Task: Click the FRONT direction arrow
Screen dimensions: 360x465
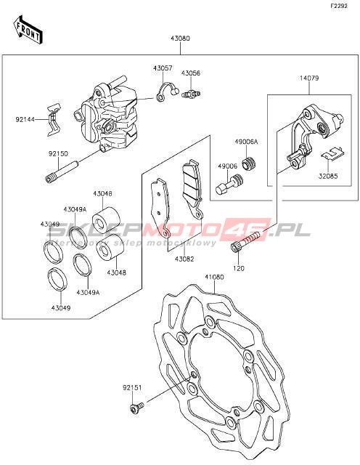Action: tap(28, 29)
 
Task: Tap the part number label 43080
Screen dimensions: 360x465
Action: tap(180, 39)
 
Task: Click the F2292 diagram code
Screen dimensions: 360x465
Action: tap(339, 6)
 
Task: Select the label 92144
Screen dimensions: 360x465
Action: tap(25, 119)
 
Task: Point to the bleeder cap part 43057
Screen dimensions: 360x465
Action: tap(166, 92)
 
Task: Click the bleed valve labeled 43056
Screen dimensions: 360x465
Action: tap(191, 94)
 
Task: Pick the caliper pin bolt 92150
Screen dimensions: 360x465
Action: tap(62, 172)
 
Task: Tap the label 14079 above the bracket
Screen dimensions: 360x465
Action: tap(309, 78)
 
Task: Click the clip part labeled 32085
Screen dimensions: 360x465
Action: tap(333, 154)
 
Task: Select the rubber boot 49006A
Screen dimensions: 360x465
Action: tap(250, 163)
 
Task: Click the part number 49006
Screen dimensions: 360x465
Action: tap(228, 166)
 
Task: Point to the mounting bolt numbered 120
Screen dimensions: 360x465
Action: tap(245, 241)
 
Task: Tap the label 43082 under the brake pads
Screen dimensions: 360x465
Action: tap(184, 259)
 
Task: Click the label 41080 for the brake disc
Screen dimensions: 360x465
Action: tap(214, 277)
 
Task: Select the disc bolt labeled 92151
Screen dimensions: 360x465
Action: tap(136, 408)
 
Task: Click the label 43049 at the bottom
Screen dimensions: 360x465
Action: tap(61, 308)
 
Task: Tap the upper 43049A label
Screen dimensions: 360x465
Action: tap(75, 210)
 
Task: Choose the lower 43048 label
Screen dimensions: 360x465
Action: tap(116, 272)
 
